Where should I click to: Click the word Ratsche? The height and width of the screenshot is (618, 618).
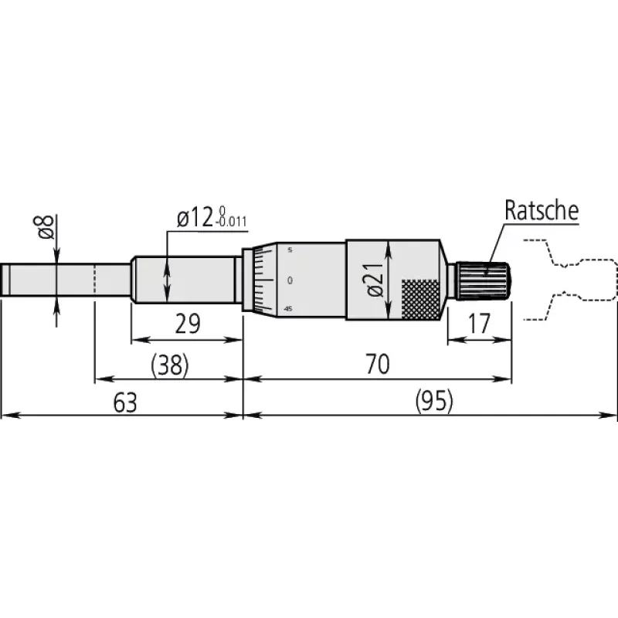(542, 210)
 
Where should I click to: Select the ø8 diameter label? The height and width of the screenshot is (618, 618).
(46, 227)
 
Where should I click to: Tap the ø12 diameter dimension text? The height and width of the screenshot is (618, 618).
(195, 218)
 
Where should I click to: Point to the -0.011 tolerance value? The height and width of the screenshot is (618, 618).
(231, 222)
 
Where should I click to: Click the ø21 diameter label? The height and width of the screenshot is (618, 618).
(375, 280)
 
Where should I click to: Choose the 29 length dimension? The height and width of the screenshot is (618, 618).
(188, 324)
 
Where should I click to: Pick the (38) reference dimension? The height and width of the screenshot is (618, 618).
(170, 365)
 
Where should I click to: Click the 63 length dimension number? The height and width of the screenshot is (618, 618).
(125, 402)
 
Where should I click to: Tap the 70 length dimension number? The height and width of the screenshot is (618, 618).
(378, 364)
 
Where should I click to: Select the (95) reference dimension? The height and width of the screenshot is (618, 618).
(434, 402)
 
